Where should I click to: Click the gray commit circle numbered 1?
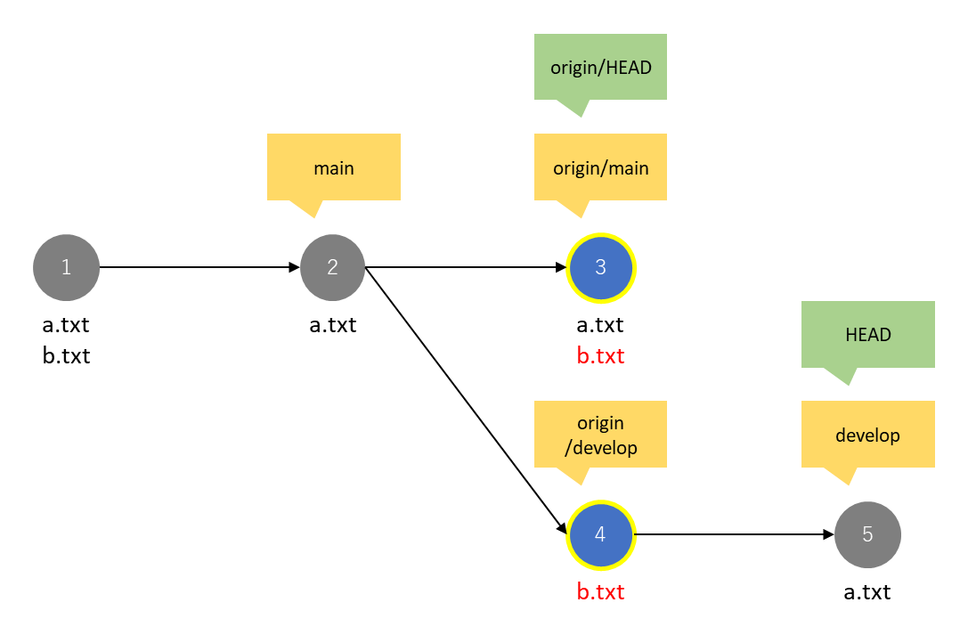pyautogui.click(x=66, y=267)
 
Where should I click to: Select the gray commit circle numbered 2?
pyautogui.click(x=332, y=267)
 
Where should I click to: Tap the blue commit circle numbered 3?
pyautogui.click(x=600, y=268)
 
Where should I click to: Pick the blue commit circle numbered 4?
pyautogui.click(x=600, y=534)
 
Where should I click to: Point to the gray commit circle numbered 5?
pyautogui.click(x=867, y=534)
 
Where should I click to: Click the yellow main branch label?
pyautogui.click(x=334, y=167)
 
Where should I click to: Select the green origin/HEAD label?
pyautogui.click(x=600, y=68)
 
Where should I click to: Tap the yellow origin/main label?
pyautogui.click(x=600, y=167)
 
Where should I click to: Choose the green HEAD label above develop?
pyautogui.click(x=868, y=335)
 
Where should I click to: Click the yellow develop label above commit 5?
pyautogui.click(x=868, y=435)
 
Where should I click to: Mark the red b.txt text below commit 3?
pyautogui.click(x=600, y=356)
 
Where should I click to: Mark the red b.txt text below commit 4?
pyautogui.click(x=600, y=591)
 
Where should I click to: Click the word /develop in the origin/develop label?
pyautogui.click(x=600, y=447)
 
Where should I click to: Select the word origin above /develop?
pyautogui.click(x=600, y=423)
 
